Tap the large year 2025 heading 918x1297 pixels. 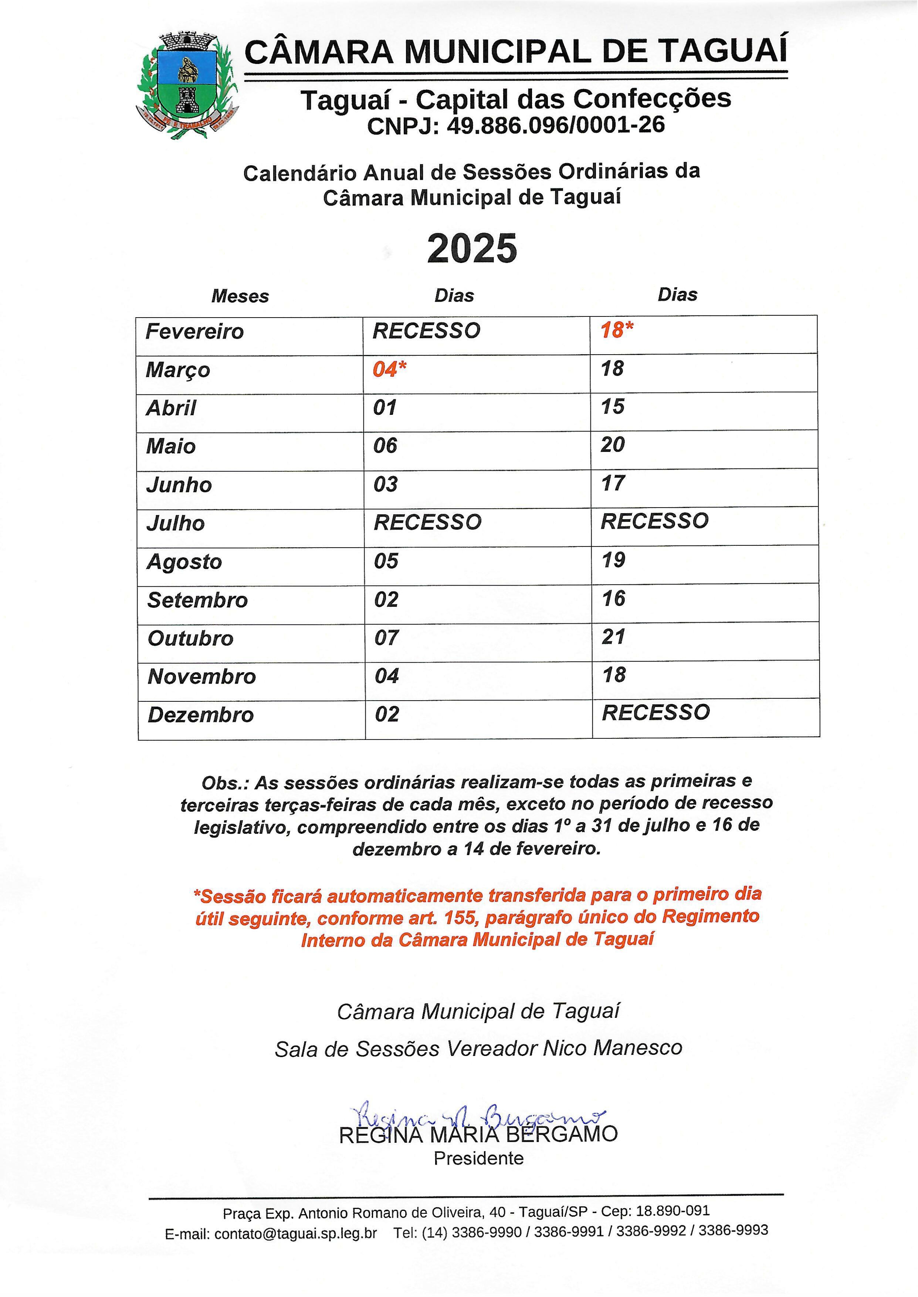[472, 249]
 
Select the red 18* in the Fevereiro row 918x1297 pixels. [617, 330]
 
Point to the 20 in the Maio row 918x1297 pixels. [612, 445]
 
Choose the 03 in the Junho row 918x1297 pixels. [386, 484]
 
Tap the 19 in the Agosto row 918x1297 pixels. [613, 560]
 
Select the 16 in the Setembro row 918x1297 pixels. [613, 599]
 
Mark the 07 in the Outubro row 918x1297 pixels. [387, 638]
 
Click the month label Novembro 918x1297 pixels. [202, 677]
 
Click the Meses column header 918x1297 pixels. [240, 296]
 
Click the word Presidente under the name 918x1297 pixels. [478, 1159]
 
